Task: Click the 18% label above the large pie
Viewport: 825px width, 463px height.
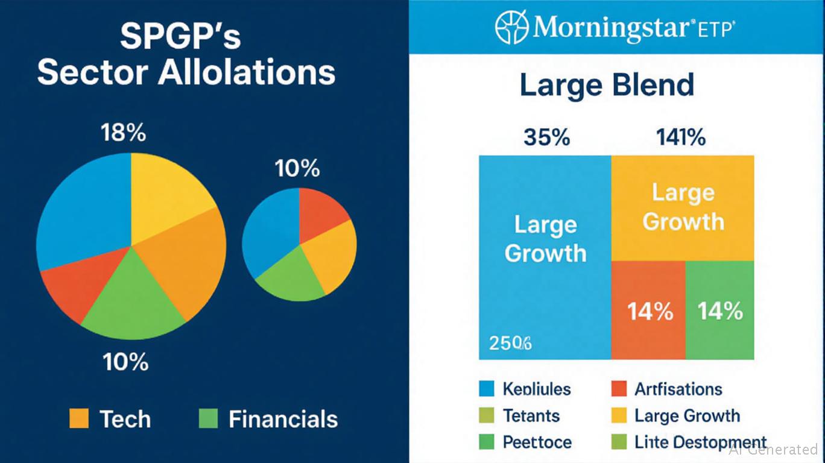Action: [123, 132]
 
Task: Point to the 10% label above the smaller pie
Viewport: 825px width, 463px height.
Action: [297, 169]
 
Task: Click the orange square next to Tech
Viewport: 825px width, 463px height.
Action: [79, 418]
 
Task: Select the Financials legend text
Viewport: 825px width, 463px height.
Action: [283, 419]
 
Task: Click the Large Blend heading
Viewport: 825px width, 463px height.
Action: [607, 85]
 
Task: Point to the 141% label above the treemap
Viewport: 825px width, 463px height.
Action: [680, 137]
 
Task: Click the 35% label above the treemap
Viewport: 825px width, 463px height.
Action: [546, 137]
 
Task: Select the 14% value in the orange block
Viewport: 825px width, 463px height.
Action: [650, 312]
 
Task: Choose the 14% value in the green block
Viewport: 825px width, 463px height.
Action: [720, 312]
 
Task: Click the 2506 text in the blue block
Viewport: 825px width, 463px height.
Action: [510, 344]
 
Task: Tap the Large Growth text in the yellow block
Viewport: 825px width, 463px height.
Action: [683, 207]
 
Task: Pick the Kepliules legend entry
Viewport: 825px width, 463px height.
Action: [537, 389]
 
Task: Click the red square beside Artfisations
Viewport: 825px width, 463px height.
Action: [619, 389]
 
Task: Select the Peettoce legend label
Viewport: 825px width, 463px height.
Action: [537, 442]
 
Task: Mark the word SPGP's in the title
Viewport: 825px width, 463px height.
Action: [180, 37]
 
